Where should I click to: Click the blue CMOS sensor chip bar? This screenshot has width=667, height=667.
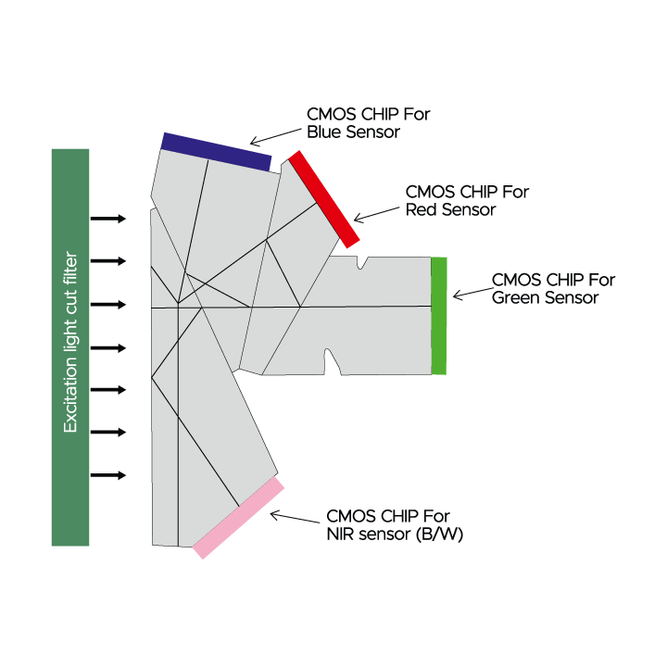(217, 152)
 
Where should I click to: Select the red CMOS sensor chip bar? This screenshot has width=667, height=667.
(323, 199)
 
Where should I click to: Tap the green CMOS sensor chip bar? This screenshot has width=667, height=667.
(439, 316)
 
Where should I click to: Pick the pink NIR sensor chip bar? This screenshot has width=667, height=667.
(239, 517)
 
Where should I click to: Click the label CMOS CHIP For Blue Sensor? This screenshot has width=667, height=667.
(368, 123)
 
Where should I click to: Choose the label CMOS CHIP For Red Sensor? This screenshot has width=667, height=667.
(467, 201)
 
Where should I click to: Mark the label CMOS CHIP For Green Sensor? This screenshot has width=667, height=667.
(553, 289)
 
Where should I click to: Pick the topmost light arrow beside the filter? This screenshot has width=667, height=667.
(110, 219)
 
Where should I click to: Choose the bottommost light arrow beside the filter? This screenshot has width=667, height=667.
(110, 475)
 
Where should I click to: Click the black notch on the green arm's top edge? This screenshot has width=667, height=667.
(361, 262)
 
